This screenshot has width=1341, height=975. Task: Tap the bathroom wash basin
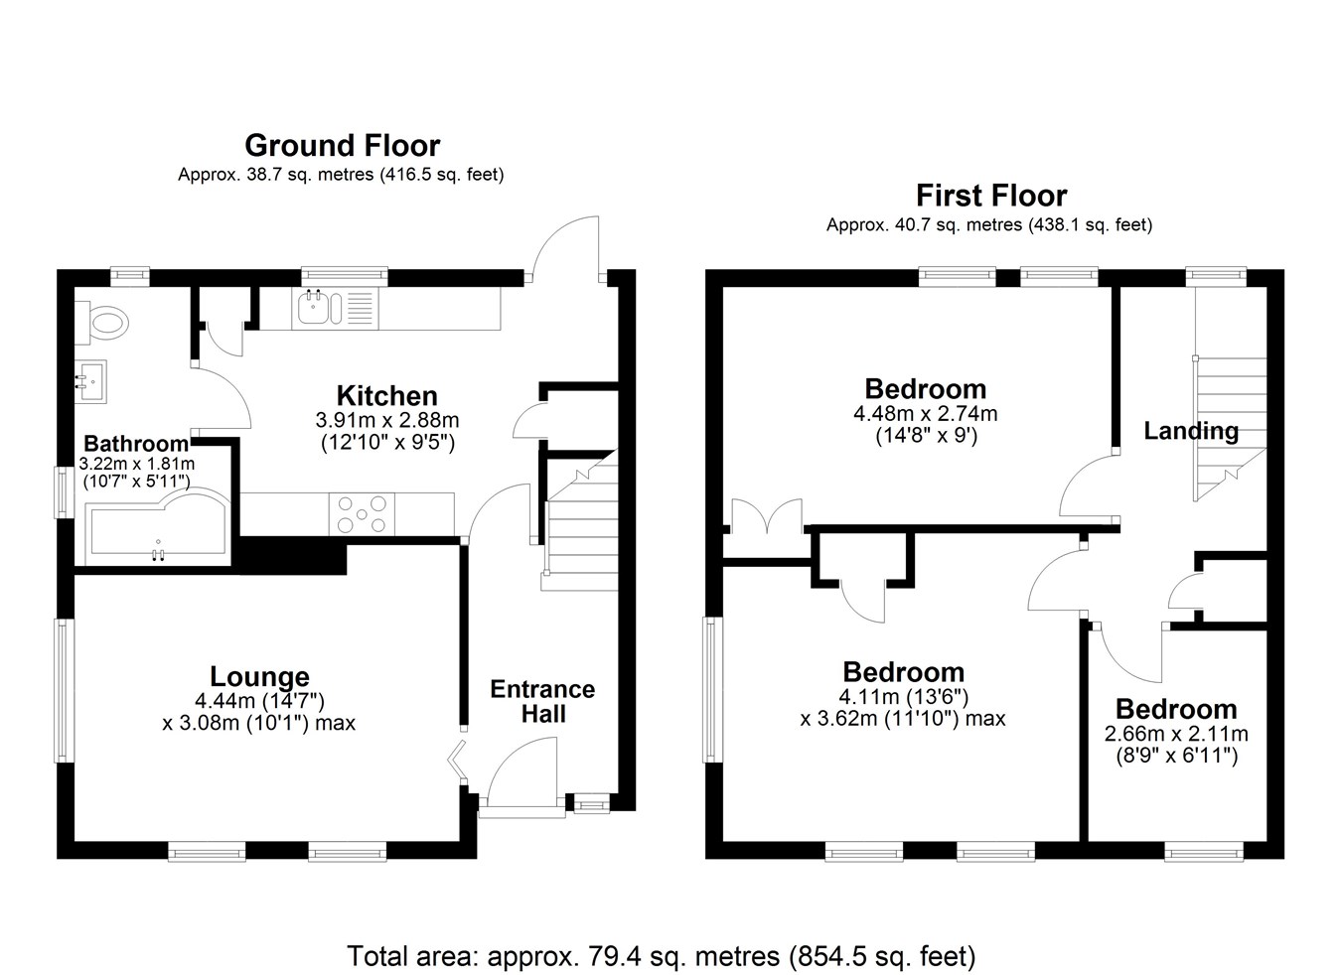(91, 381)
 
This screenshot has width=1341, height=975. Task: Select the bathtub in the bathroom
(158, 526)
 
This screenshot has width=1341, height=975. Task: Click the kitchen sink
(320, 308)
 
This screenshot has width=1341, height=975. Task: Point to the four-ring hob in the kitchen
(362, 513)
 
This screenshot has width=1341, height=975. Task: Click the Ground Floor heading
(343, 145)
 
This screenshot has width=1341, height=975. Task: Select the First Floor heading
(991, 196)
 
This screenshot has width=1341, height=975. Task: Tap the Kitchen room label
(386, 395)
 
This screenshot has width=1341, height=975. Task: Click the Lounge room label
(259, 676)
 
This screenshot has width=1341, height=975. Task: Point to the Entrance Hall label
(542, 701)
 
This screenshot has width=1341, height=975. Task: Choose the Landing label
(1191, 431)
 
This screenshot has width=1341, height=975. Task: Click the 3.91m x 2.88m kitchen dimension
(387, 420)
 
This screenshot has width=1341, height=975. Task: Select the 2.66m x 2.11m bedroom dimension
(1176, 734)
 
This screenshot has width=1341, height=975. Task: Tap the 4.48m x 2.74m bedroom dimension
(926, 414)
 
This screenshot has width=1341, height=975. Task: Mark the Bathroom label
(136, 444)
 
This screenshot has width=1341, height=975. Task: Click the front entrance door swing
(522, 771)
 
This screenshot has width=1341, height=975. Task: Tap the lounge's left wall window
(65, 690)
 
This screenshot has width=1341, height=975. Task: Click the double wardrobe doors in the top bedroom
(766, 514)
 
